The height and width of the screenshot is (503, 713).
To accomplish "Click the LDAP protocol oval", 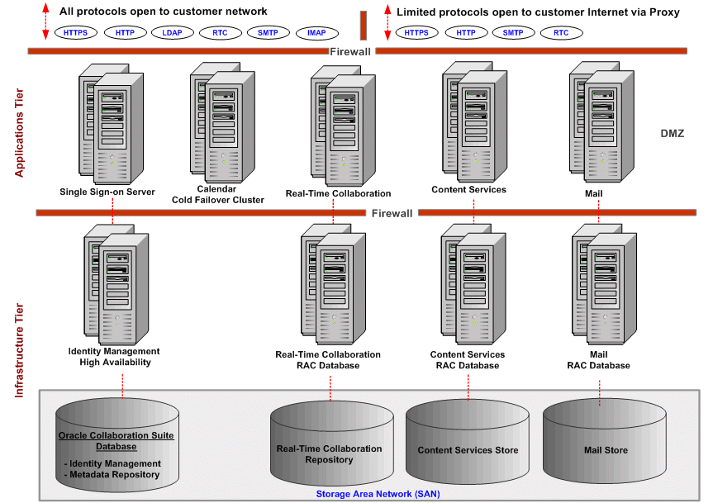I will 172,33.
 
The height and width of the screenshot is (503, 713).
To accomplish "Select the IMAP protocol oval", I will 316,33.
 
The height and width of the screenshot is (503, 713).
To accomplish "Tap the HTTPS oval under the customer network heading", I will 76,33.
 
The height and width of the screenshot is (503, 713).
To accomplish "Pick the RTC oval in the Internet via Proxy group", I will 561,33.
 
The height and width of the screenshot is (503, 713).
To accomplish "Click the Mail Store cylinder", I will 606,451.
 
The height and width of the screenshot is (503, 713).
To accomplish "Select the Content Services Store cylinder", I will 468,451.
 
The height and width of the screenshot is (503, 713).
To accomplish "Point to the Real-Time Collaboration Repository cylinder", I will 329,453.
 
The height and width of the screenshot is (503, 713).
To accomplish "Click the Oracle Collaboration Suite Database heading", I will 114,440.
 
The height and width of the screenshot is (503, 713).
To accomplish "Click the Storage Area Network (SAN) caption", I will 378,494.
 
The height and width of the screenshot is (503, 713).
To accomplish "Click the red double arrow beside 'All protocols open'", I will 45,21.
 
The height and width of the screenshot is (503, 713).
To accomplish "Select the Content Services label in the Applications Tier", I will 468,189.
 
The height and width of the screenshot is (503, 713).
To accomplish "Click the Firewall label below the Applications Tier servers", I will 392,213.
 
